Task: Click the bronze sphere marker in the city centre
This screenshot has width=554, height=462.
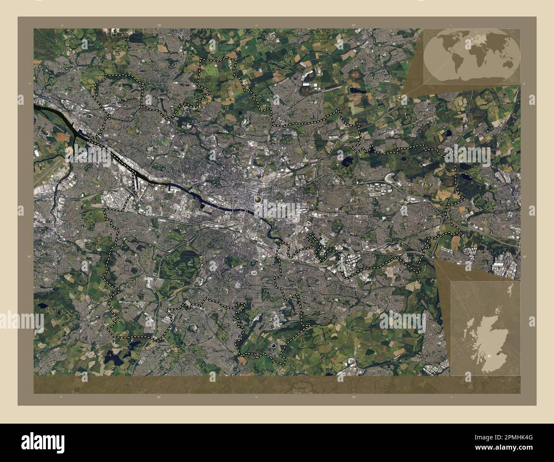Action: coord(257,199)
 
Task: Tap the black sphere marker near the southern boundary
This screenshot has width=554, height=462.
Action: coord(273,346)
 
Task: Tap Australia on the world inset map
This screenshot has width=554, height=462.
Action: coord(507,63)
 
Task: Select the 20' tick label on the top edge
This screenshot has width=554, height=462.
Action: coord(159,26)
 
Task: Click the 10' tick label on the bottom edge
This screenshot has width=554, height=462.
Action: coord(353,396)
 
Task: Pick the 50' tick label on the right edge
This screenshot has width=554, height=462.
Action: coord(524,257)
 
